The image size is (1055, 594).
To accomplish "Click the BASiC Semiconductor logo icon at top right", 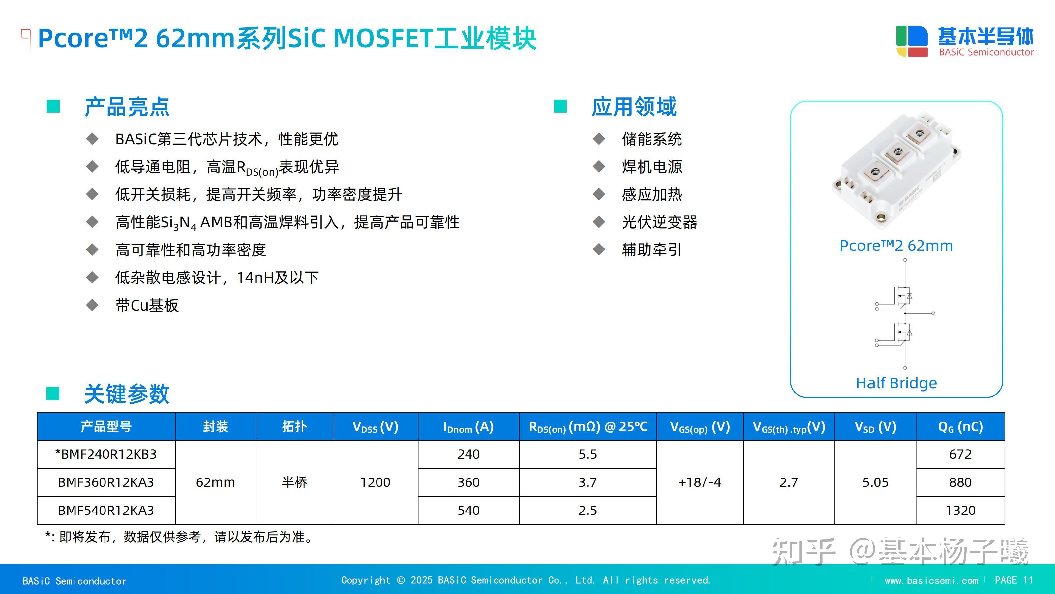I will (912, 41).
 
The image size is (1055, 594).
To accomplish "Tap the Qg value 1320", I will (960, 511).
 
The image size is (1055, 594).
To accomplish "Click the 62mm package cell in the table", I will (215, 482).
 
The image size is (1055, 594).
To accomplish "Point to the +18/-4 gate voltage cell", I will (700, 482).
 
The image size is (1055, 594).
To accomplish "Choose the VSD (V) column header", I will (875, 427).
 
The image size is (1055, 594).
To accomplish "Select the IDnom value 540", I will (468, 511).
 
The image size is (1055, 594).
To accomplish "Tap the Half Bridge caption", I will (896, 383).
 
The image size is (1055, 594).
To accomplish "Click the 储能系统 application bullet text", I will (651, 139).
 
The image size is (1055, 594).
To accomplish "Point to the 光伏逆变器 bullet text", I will (659, 222).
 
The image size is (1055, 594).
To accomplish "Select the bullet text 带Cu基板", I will (147, 305).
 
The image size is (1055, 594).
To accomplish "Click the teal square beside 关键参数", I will (53, 394).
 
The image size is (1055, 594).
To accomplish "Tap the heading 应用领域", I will (634, 107).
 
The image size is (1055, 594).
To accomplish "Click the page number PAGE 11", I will (1014, 580).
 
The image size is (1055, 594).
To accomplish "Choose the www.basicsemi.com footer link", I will (931, 580).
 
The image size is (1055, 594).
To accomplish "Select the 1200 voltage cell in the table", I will (375, 482).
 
